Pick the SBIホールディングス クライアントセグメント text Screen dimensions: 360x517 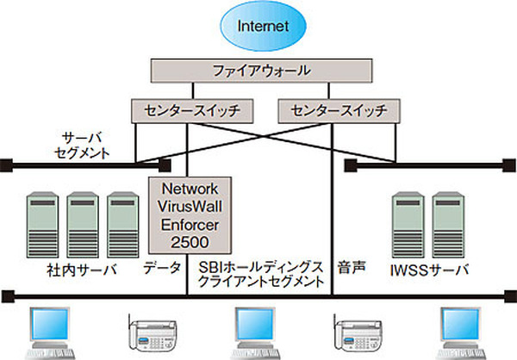pyautogui.click(x=258, y=275)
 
